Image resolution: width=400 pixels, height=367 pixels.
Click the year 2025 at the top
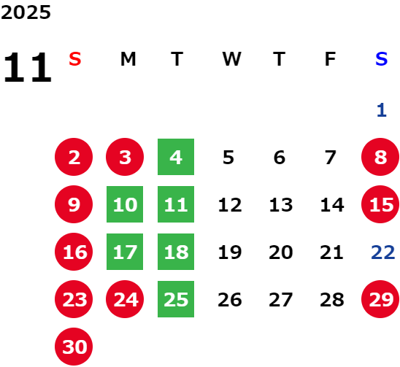click(26, 12)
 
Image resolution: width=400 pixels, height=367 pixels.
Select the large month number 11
click(28, 67)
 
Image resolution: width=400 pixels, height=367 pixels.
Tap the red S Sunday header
click(75, 59)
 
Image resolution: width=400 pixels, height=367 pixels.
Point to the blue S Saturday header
click(381, 59)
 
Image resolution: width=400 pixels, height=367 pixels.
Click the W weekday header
click(231, 59)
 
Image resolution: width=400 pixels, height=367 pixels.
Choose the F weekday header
click(331, 59)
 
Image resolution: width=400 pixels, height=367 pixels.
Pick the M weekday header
click(128, 59)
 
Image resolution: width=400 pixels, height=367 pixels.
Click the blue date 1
click(381, 110)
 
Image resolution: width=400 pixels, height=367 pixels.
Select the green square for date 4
click(176, 157)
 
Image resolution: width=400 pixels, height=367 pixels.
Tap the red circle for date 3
click(125, 157)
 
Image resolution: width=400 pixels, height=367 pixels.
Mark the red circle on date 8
click(380, 157)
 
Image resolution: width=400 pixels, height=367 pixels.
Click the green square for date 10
click(125, 204)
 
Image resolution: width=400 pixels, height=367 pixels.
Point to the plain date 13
click(281, 205)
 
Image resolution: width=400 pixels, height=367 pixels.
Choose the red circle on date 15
click(380, 204)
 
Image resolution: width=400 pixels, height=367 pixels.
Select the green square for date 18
click(176, 252)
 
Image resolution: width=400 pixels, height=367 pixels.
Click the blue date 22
click(383, 252)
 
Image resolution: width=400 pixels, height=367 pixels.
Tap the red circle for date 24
click(125, 299)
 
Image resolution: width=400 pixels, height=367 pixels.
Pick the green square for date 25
click(176, 299)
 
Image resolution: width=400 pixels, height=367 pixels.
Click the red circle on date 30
click(74, 347)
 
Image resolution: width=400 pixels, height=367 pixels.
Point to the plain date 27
click(280, 300)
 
